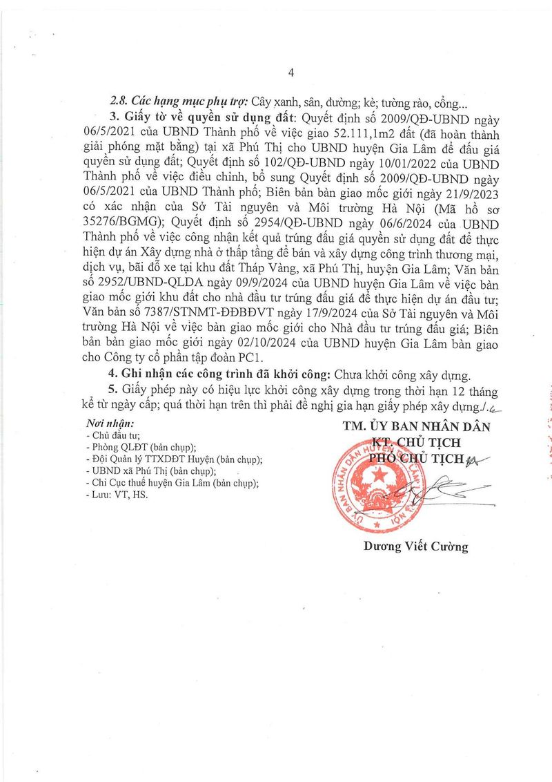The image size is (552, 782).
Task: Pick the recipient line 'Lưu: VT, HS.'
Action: pyautogui.click(x=117, y=495)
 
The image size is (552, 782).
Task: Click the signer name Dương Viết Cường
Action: pyautogui.click(x=416, y=547)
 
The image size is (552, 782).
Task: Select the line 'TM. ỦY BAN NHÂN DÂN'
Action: pyautogui.click(x=416, y=426)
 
